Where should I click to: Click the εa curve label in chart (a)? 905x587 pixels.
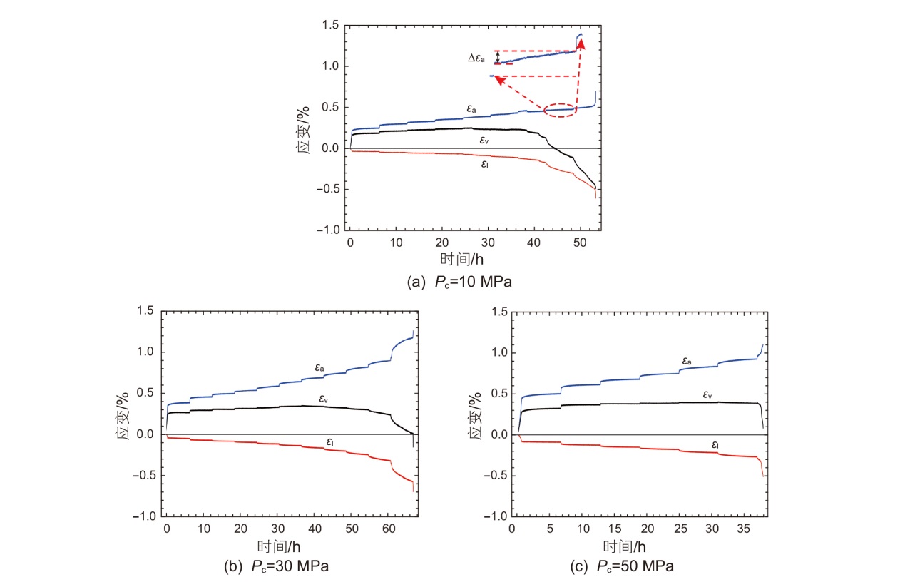point(471,108)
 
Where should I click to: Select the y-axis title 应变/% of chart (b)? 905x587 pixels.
point(123,414)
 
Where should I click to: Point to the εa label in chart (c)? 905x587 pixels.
point(687,362)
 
